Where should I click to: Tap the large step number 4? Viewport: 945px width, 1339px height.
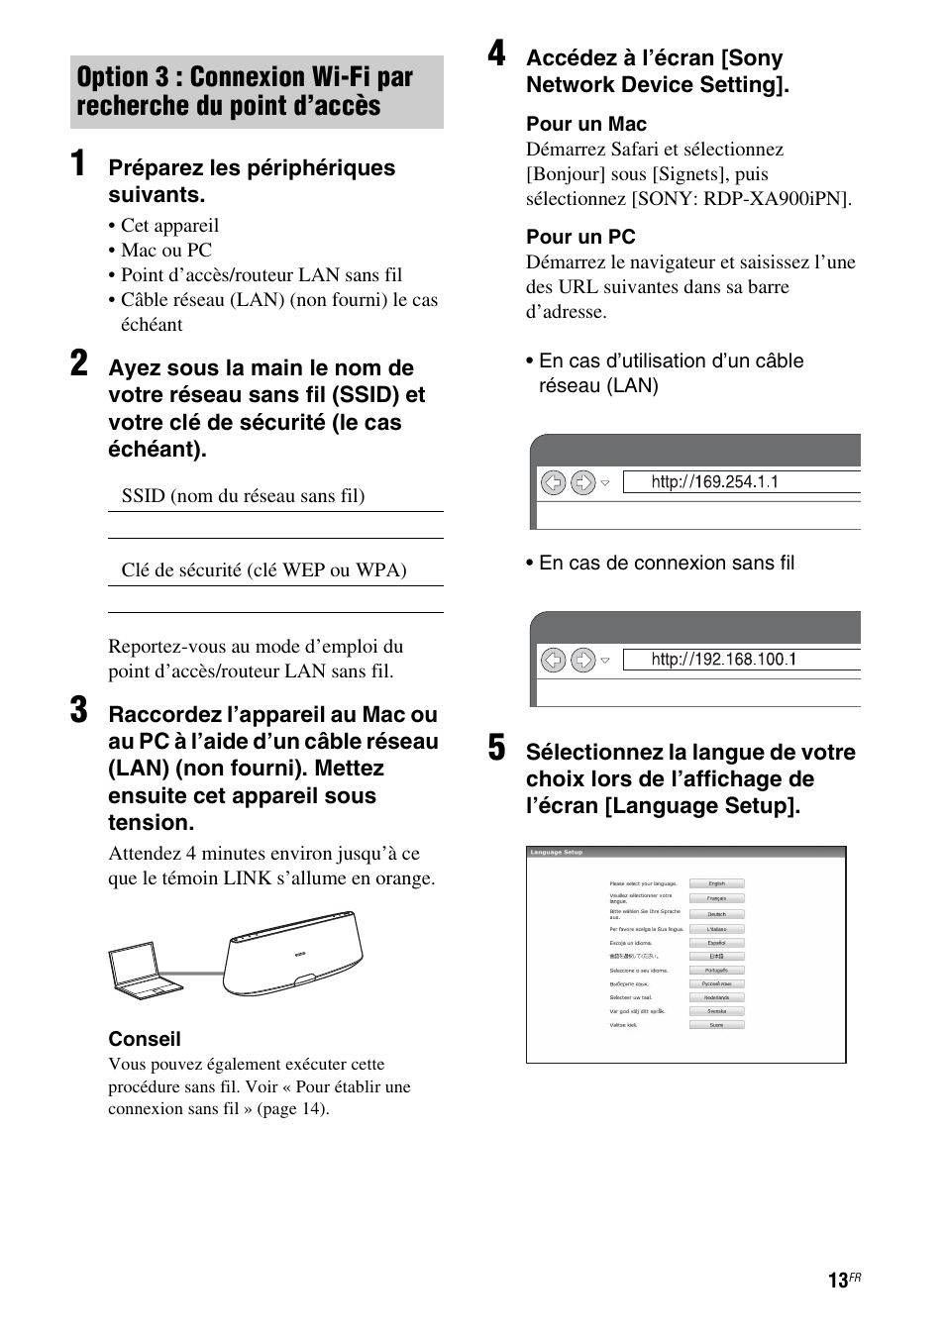coord(496,55)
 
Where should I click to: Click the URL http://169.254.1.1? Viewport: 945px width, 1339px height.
coord(714,482)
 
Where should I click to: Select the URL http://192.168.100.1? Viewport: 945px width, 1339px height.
coord(723,660)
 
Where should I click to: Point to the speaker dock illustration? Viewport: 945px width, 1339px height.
coord(293,955)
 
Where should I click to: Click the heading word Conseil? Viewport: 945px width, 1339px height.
coord(145,1039)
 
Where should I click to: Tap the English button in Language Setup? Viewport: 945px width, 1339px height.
coord(716,883)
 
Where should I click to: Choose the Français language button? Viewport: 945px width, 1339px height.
coord(716,898)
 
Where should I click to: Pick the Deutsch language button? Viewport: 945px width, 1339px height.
coord(716,914)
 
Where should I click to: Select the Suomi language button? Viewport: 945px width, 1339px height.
coord(716,1025)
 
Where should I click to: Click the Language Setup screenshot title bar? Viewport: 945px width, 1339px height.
coord(685,852)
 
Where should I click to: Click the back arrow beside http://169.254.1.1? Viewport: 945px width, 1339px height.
coord(553,482)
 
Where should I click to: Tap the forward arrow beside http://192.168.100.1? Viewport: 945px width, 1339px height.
coord(583,660)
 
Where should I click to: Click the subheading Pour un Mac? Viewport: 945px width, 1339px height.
coord(586,125)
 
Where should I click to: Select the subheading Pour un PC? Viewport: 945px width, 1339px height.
coord(580,238)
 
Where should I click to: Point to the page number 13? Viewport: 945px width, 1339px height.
coord(838,1282)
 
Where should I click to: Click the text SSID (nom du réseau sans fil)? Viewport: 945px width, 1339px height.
coord(243,496)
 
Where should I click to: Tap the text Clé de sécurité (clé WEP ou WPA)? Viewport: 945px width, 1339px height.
coord(263,570)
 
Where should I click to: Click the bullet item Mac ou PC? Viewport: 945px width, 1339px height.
coord(165,251)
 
